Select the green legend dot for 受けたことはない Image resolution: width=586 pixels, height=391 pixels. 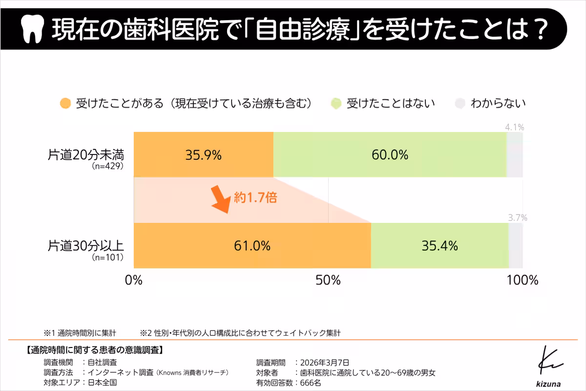[x=335, y=104]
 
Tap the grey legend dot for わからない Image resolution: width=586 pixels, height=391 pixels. [x=460, y=104]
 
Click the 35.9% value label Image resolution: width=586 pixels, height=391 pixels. [x=203, y=155]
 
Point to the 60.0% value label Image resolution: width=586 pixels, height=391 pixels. [x=390, y=155]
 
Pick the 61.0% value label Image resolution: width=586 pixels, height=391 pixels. [x=252, y=246]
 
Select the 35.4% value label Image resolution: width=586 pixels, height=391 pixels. [x=439, y=246]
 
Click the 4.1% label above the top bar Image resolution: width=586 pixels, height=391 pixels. [x=514, y=128]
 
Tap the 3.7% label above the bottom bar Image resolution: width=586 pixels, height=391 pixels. [x=517, y=218]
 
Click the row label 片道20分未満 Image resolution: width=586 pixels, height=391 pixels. [x=86, y=155]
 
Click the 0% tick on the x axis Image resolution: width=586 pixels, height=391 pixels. [x=134, y=281]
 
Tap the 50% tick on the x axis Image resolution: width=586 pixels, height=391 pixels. [x=328, y=281]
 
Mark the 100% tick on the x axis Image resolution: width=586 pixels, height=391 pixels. [x=522, y=281]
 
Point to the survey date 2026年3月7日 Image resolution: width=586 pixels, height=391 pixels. [x=325, y=362]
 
